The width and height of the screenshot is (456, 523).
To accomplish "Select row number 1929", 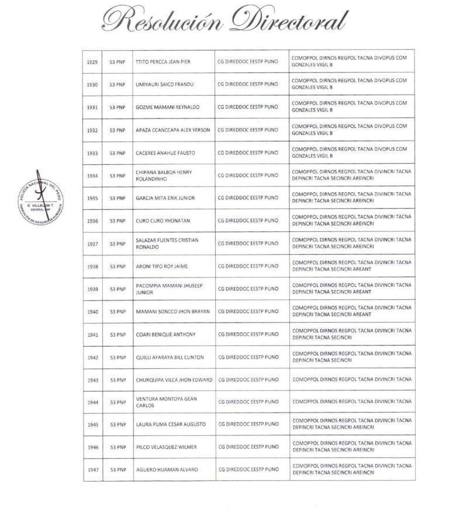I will click(x=92, y=61).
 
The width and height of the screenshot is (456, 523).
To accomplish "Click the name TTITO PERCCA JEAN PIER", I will click(x=164, y=61).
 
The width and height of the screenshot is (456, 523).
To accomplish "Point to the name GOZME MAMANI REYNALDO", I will click(x=167, y=107).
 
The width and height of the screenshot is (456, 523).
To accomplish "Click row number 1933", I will click(x=92, y=153).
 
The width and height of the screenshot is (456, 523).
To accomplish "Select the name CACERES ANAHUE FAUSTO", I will click(x=165, y=153).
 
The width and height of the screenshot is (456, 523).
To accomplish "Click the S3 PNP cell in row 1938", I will click(x=117, y=266).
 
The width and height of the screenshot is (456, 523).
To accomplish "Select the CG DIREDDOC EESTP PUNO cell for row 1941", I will click(x=247, y=335).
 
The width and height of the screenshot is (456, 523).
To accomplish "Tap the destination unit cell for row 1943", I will click(x=351, y=380).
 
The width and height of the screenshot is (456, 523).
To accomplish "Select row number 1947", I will click(x=92, y=469).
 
